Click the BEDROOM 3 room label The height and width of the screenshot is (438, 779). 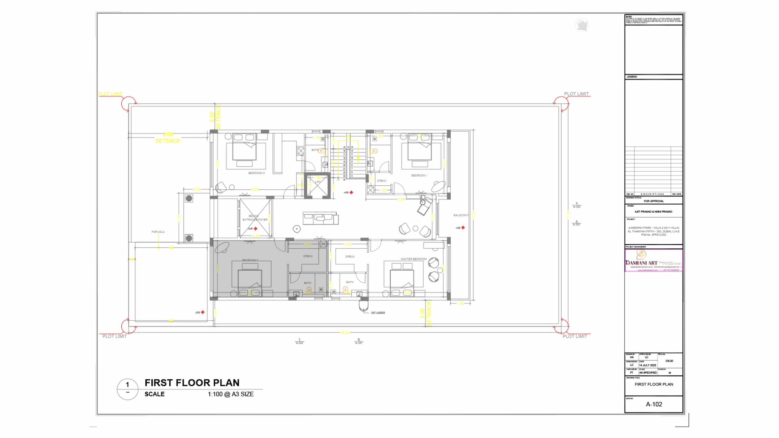[256, 173]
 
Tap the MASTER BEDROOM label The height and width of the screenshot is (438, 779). [413, 259]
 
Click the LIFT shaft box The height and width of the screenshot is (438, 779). [317, 186]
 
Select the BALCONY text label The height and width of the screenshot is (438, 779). [460, 215]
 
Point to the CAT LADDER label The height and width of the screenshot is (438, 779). [378, 313]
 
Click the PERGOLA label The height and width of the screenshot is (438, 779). [158, 232]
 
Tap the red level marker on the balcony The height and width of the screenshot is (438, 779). [463, 228]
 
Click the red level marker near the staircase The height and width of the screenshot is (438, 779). [351, 192]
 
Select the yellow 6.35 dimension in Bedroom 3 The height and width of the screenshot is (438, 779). [254, 189]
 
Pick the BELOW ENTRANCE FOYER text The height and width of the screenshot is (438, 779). [255, 218]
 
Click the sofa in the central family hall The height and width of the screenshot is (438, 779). [320, 218]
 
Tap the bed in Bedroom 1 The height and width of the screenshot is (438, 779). [419, 148]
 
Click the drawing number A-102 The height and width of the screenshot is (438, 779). [654, 404]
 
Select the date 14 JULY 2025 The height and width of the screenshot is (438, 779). [648, 365]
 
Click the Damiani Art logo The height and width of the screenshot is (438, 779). [641, 259]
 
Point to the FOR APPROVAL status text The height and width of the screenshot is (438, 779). [654, 201]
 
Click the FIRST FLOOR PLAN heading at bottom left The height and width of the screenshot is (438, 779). [192, 383]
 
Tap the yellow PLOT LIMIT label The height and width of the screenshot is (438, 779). [110, 94]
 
